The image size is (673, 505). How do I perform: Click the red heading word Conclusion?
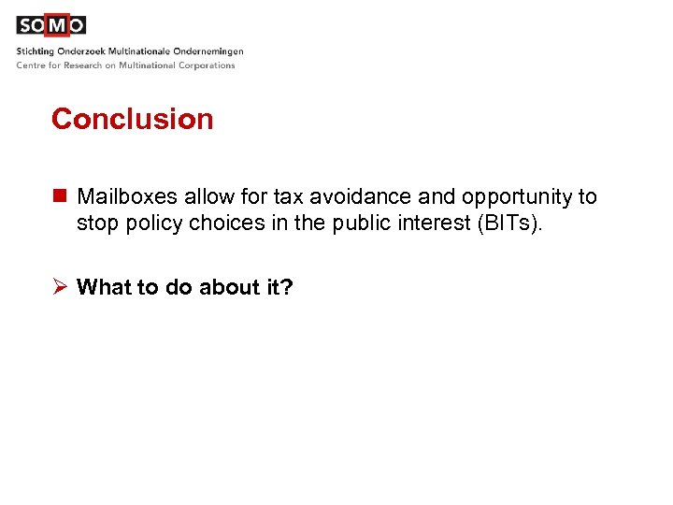pyautogui.click(x=132, y=119)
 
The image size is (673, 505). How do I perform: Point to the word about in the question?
pyautogui.click(x=225, y=287)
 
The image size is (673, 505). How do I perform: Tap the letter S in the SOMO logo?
pyautogui.click(x=25, y=25)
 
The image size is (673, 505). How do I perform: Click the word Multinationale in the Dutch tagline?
pyautogui.click(x=138, y=50)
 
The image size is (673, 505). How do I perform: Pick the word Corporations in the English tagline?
pyautogui.click(x=206, y=65)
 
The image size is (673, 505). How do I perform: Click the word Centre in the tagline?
pyautogui.click(x=31, y=65)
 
